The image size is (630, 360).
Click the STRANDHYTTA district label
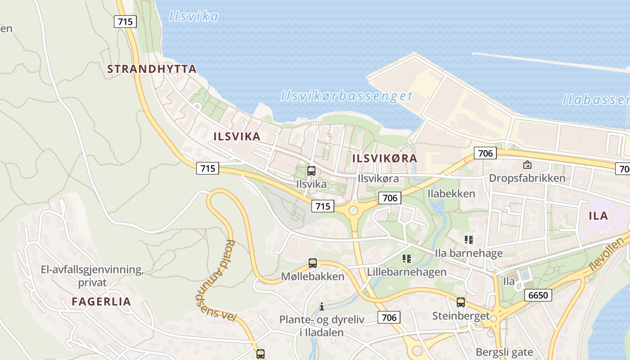(x=152, y=69)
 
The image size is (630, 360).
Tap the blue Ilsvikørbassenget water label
(x=346, y=96)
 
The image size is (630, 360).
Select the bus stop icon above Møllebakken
(x=312, y=263)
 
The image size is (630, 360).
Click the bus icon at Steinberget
(x=460, y=302)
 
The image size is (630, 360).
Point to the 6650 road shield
(x=538, y=295)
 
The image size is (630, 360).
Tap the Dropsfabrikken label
(x=527, y=178)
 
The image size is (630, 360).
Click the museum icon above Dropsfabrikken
(x=527, y=165)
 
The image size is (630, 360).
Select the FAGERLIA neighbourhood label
(x=101, y=301)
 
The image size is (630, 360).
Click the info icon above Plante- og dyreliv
(x=322, y=307)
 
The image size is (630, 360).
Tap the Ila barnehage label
(x=468, y=253)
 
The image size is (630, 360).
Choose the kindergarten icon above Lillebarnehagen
(x=407, y=259)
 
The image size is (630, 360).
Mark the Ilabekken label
(x=451, y=193)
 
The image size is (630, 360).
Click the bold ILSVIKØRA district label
(x=385, y=158)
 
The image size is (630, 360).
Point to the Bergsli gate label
(x=504, y=352)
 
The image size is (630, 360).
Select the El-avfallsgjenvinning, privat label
(x=92, y=276)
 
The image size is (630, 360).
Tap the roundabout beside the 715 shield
(x=353, y=210)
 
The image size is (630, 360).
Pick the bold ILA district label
(x=598, y=216)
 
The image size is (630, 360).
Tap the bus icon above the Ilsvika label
(x=311, y=171)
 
